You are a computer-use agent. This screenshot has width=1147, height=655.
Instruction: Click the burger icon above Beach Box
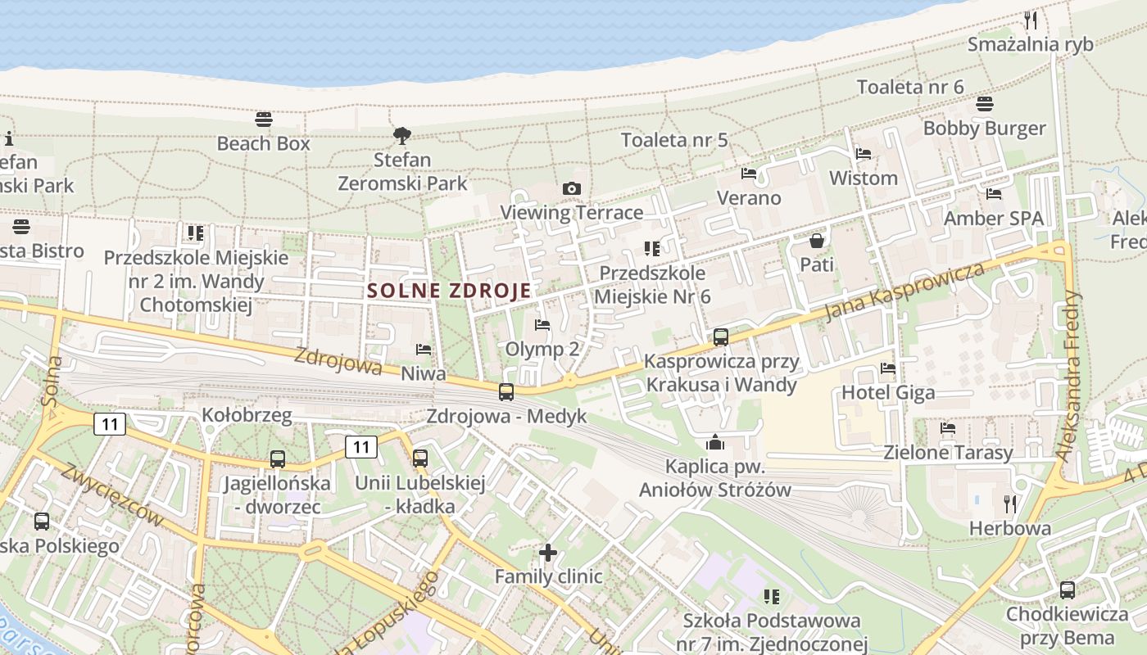263,120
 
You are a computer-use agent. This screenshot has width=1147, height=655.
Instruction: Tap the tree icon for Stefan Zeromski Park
401,135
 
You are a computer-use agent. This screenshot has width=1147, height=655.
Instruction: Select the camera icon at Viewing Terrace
572,189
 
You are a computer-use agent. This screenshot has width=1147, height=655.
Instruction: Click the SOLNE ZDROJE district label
449,291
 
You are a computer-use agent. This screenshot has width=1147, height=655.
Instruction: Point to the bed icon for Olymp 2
542,325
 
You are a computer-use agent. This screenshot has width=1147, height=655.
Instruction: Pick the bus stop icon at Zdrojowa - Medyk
506,391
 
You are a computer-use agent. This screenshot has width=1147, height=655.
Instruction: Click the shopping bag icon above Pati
816,241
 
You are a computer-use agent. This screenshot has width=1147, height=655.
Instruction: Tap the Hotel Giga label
888,393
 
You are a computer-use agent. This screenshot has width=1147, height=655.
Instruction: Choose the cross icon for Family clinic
548,553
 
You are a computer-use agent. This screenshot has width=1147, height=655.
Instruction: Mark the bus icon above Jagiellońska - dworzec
278,459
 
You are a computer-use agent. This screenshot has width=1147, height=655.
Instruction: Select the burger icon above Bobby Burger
984,104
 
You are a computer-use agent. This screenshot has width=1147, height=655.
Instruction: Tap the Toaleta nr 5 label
674,140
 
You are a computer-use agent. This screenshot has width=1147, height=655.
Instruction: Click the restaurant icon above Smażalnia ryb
1031,20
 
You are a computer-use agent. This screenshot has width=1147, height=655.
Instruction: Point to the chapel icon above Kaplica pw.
715,443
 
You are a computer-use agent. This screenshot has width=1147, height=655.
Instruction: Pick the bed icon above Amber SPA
994,194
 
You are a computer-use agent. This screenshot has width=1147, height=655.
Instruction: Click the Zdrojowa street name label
338,360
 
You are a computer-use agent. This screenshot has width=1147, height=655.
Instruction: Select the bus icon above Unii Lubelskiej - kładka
420,458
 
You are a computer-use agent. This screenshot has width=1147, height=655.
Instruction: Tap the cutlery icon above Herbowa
1009,504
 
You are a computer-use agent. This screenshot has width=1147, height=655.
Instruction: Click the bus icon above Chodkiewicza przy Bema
1067,589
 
